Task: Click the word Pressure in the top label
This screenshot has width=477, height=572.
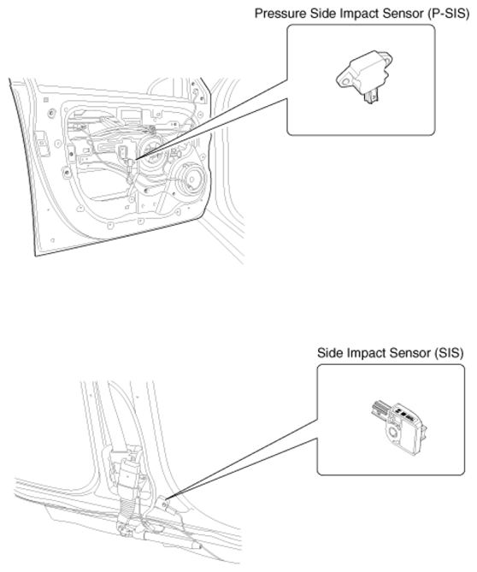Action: (x=280, y=14)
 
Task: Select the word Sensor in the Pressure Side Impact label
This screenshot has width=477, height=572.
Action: (x=403, y=14)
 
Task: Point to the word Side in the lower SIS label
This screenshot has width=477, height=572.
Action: (x=330, y=353)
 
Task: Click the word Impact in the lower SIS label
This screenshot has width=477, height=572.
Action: (x=366, y=353)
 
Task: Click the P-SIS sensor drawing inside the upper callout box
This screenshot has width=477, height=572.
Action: (x=364, y=77)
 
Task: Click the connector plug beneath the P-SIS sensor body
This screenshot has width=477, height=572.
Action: (x=371, y=97)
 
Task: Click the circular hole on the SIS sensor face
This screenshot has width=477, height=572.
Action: (x=393, y=433)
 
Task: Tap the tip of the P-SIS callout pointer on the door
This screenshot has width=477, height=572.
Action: (x=136, y=159)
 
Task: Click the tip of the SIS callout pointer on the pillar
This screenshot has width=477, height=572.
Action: (x=167, y=498)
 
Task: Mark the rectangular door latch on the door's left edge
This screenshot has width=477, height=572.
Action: (x=42, y=143)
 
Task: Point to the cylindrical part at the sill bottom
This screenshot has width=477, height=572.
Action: (x=172, y=540)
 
